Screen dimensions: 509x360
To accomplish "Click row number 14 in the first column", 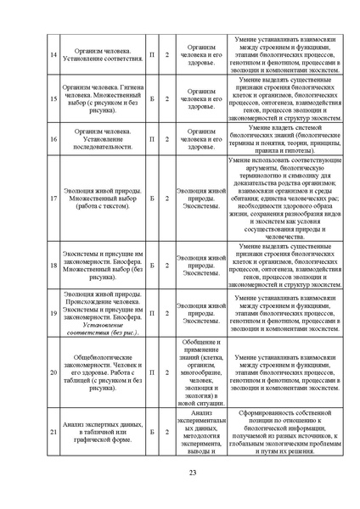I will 53,55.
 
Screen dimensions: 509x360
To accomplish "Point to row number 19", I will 53,313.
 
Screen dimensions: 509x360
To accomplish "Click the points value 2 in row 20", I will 166,372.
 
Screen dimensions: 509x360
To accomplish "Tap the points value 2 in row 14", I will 166,55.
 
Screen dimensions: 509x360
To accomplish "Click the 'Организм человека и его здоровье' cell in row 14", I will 201,55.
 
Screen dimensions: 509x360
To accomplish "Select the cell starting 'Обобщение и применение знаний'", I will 201,372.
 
